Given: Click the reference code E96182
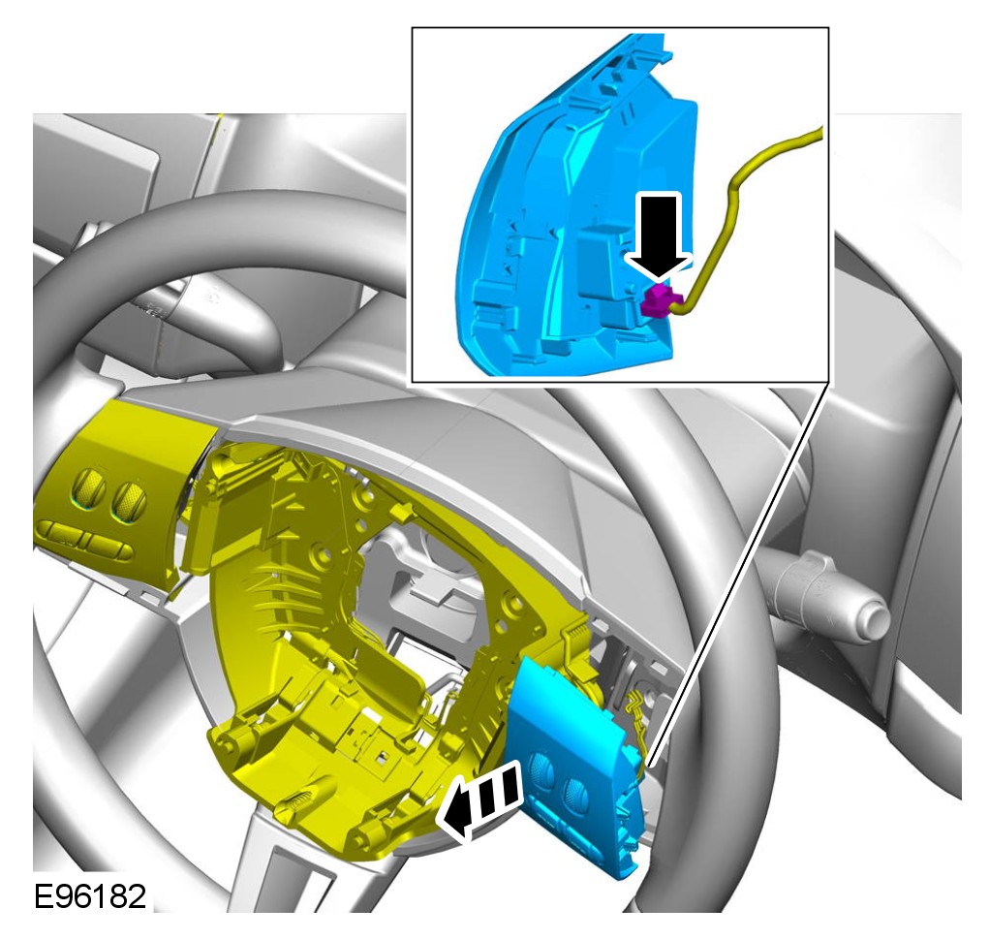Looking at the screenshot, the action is click(89, 896).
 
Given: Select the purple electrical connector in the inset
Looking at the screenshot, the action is click(659, 301).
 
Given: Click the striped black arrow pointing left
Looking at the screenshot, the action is click(481, 799).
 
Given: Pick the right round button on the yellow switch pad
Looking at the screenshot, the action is click(130, 498).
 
